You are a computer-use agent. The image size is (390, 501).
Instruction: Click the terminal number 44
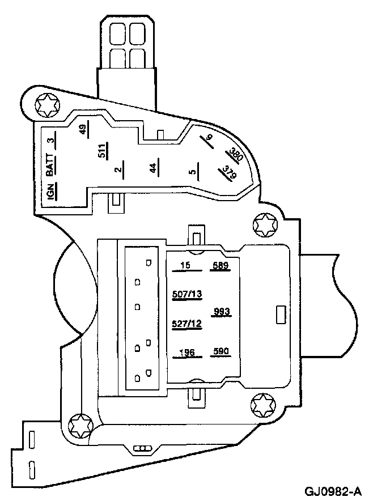point(152,168)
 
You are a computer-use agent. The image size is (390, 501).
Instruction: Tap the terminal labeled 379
point(229,173)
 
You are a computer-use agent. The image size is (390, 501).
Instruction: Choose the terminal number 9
point(209,138)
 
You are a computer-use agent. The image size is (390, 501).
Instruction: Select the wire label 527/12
point(186,324)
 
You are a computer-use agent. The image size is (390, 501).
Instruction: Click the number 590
point(220,352)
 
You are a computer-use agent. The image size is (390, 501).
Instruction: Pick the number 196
point(186,353)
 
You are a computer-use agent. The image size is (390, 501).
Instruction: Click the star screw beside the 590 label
point(262,405)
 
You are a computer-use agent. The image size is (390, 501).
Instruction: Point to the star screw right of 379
point(264,226)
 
